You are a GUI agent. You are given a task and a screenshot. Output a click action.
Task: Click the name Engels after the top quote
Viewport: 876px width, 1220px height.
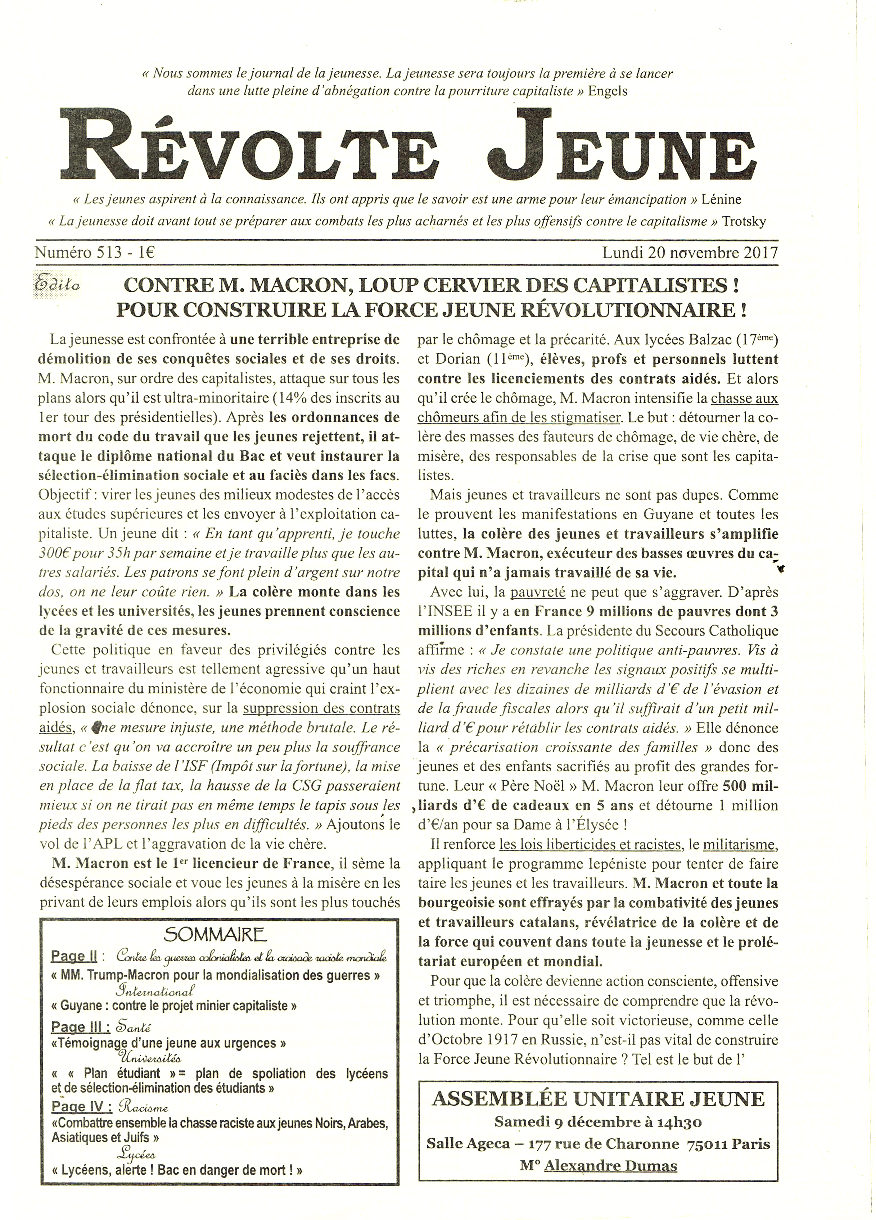click(608, 91)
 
